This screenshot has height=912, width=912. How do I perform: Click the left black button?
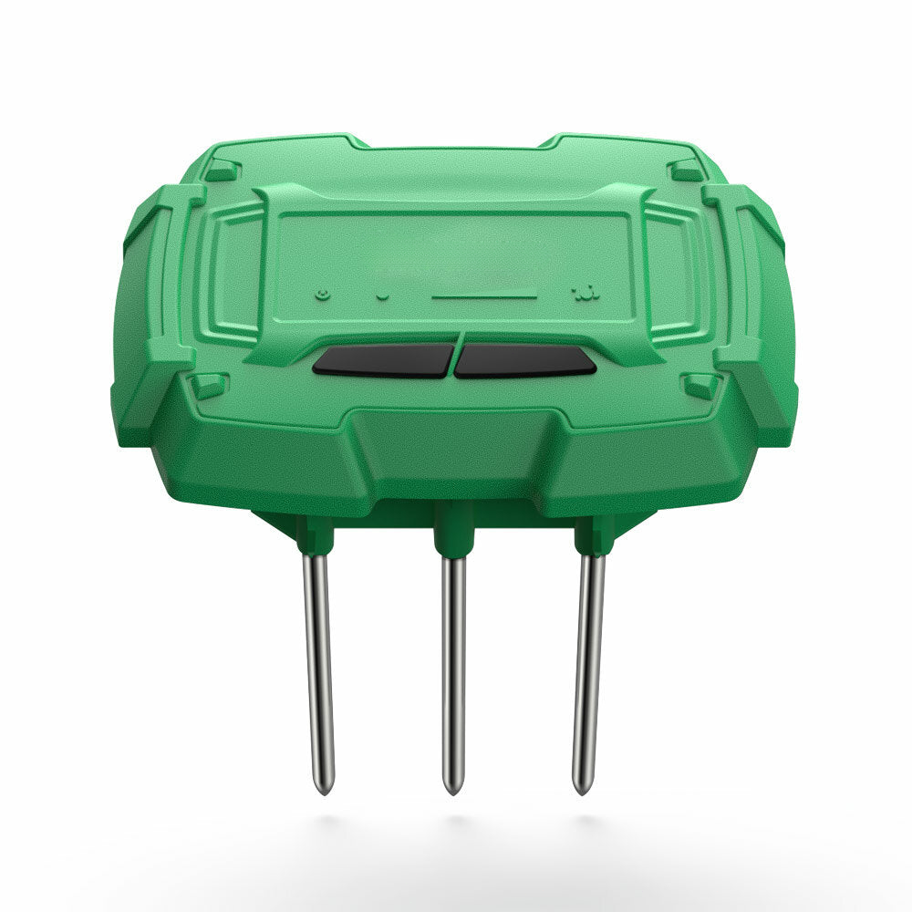(383, 360)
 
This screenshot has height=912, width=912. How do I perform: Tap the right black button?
(525, 360)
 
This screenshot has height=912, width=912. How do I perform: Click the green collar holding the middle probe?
(453, 534)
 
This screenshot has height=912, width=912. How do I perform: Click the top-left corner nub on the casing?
(222, 170)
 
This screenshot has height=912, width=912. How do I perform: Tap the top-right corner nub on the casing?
(685, 170)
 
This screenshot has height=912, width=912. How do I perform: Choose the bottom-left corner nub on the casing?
(209, 385)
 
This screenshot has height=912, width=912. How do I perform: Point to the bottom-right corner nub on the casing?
(700, 385)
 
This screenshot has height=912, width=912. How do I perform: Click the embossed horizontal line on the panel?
(483, 296)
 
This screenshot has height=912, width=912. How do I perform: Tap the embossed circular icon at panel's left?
(321, 295)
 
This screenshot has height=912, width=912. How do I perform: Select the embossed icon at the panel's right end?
(581, 294)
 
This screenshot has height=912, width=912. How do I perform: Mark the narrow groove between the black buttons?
(454, 360)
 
